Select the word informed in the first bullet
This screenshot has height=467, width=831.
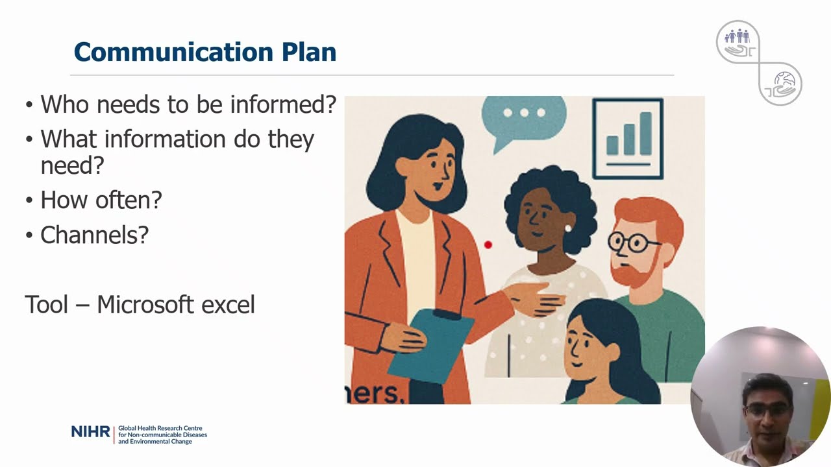[x=283, y=104]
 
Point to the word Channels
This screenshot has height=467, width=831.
[x=94, y=235]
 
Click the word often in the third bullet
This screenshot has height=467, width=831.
[x=129, y=200]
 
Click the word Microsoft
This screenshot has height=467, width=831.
[x=145, y=304]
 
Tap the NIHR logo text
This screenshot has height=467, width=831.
[x=90, y=432]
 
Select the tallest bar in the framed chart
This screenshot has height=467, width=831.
[x=646, y=133]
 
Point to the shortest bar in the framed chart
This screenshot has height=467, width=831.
[x=612, y=145]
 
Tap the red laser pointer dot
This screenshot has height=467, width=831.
[x=488, y=245]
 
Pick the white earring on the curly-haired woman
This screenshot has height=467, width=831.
[x=568, y=228]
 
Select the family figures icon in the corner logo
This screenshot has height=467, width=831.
[x=737, y=36]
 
